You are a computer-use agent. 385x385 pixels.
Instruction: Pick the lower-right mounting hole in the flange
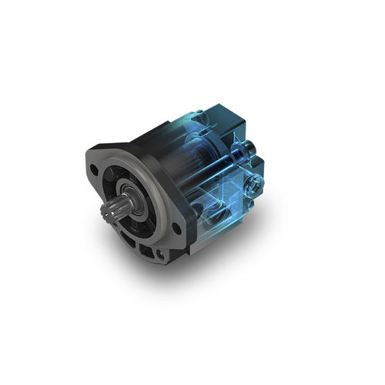click(178, 228)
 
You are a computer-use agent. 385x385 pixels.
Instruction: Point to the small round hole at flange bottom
click(159, 252)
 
